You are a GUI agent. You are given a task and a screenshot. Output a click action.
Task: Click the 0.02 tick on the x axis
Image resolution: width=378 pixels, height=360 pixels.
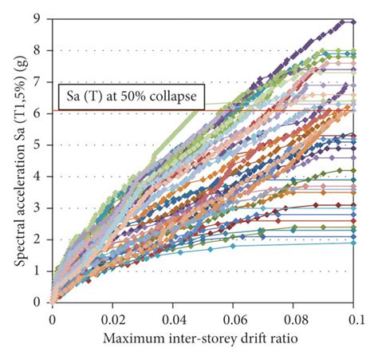click(x=113, y=317)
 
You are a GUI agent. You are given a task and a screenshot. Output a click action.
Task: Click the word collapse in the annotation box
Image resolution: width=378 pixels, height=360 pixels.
click(x=180, y=97)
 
